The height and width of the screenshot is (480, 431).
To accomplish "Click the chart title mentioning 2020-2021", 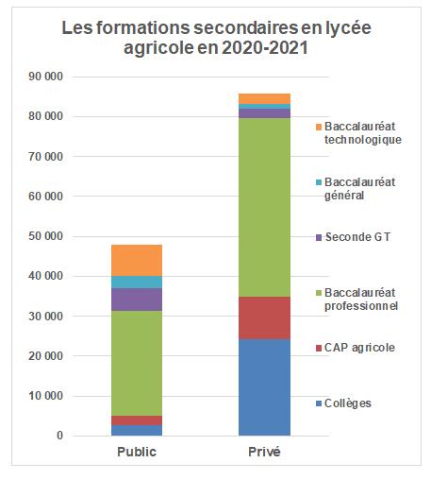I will click(216, 38).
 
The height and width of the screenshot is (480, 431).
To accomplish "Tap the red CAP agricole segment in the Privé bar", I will click(264, 318).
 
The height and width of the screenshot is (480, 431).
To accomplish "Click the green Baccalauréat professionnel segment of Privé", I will click(264, 208).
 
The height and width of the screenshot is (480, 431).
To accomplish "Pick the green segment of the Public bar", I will click(137, 363).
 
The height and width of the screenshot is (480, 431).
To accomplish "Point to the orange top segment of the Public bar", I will click(137, 260).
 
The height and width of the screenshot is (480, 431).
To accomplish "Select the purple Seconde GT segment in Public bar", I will click(137, 300).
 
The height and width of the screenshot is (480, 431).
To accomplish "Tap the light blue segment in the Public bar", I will click(137, 282).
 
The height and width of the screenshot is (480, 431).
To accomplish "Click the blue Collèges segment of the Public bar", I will click(137, 430).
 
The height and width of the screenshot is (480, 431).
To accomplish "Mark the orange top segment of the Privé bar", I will click(264, 98).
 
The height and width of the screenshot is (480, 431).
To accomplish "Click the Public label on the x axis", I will click(137, 452).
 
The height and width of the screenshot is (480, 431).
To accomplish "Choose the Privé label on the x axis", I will click(264, 452).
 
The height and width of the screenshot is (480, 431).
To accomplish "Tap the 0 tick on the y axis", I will click(58, 436).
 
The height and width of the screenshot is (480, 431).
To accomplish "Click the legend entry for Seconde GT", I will click(356, 237).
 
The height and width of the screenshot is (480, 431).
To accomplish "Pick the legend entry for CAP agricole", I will click(358, 348).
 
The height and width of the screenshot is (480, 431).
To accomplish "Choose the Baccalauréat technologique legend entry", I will click(362, 133).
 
